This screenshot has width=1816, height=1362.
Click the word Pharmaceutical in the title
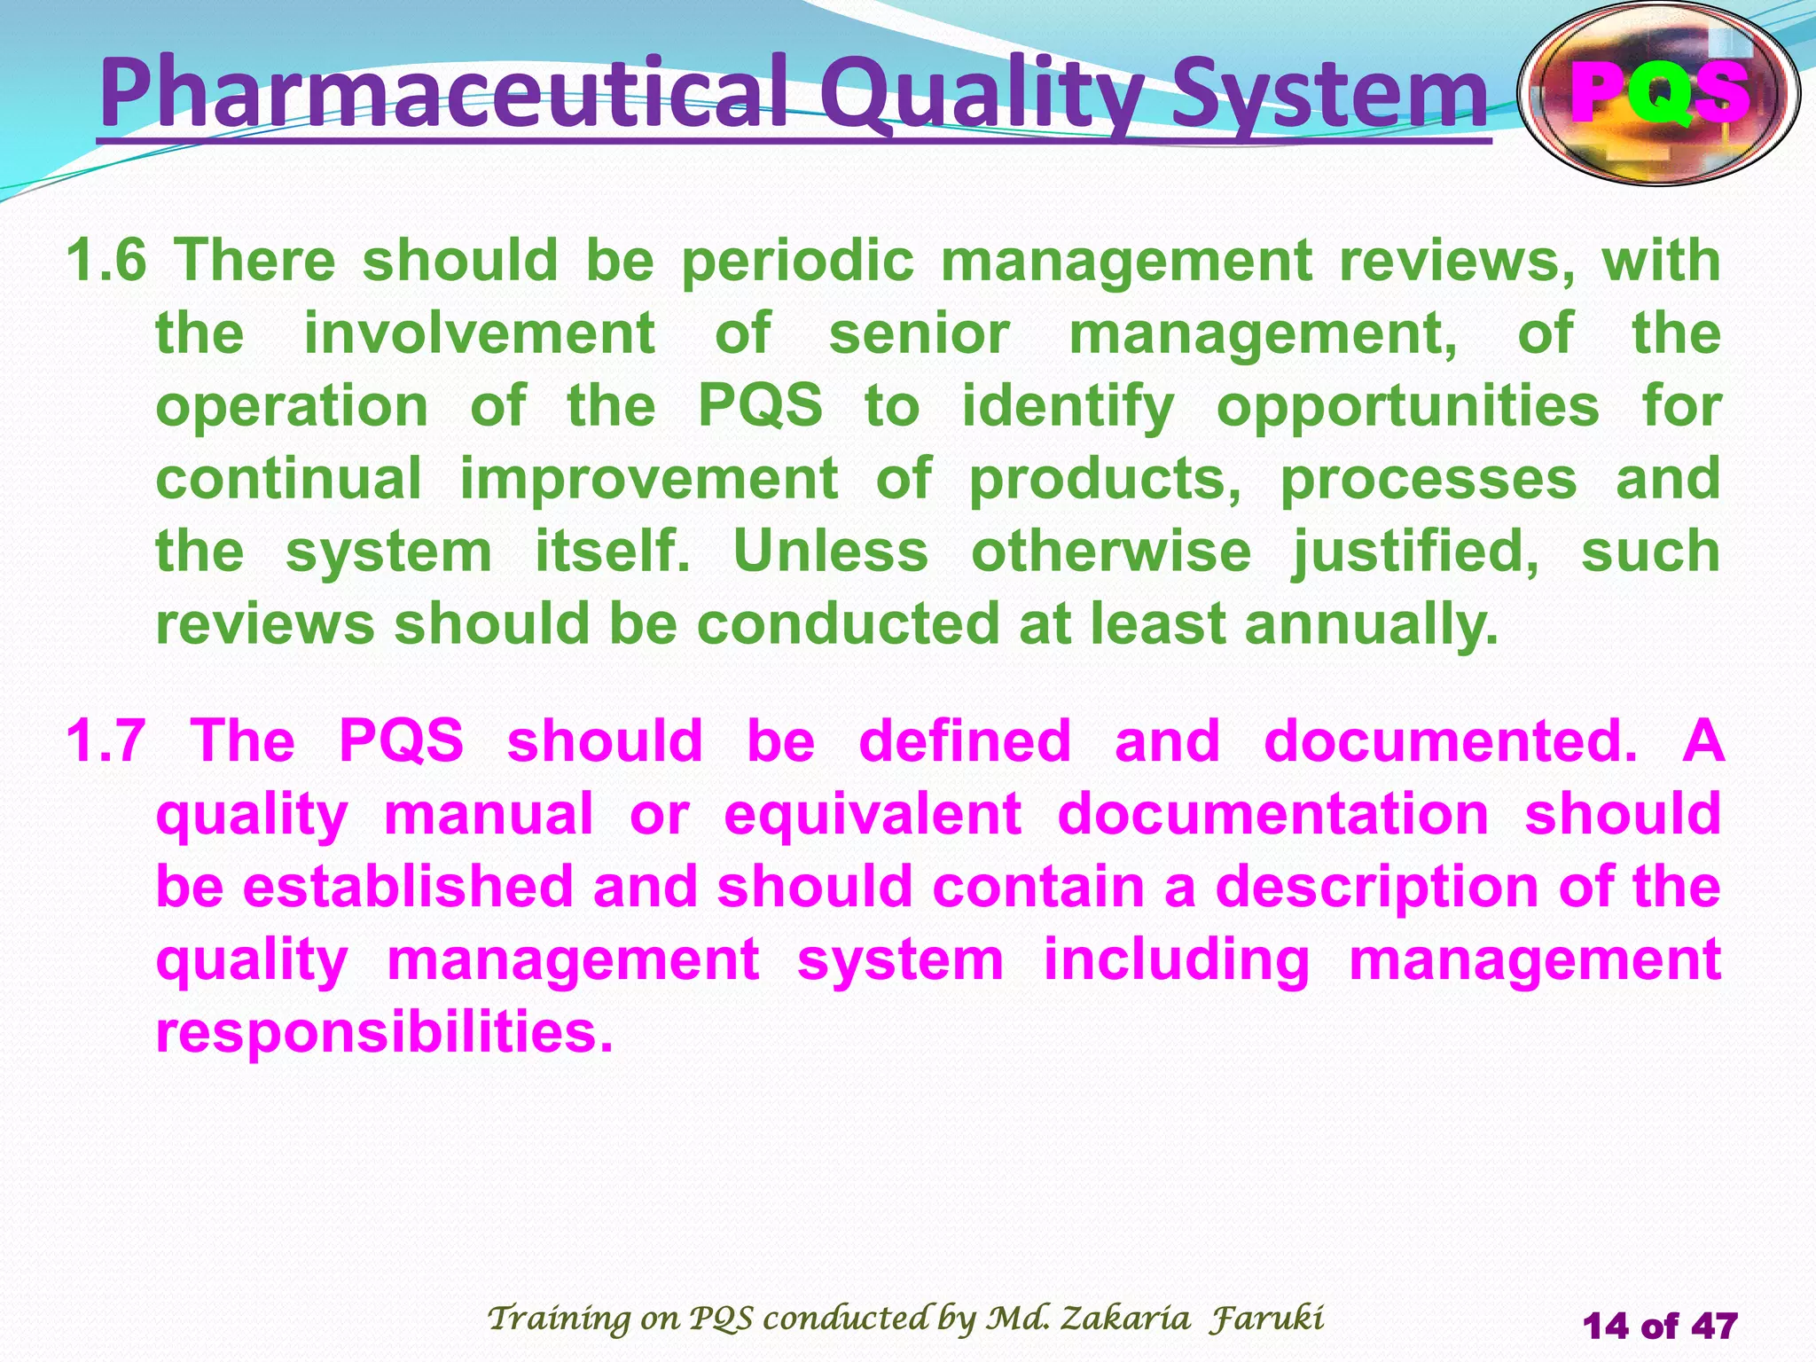443,94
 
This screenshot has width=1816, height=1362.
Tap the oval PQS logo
1658,94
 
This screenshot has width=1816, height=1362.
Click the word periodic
797,261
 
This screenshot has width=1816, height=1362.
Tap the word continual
289,479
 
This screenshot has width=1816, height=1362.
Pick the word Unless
831,552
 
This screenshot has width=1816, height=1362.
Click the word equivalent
873,814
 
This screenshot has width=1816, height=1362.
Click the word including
1176,959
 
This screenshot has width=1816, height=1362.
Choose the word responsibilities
384,1032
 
